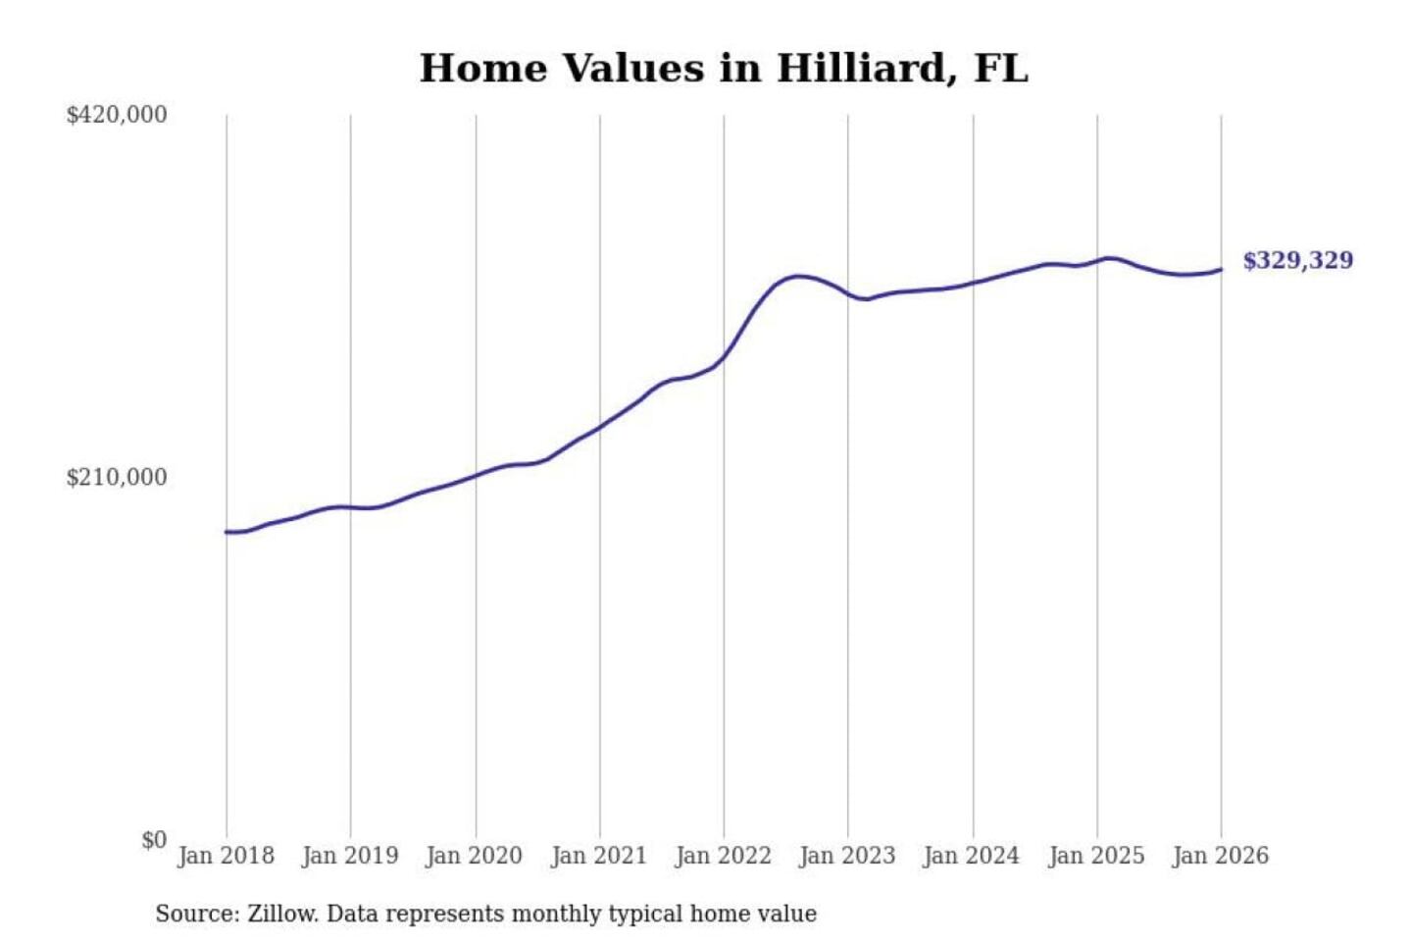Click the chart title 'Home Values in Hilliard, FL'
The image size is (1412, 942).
pyautogui.click(x=724, y=69)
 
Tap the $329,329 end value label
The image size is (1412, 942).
pyautogui.click(x=1297, y=261)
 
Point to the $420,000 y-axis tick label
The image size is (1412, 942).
pyautogui.click(x=117, y=115)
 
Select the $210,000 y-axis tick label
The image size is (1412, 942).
pyautogui.click(x=117, y=478)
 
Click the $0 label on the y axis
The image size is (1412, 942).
pyautogui.click(x=154, y=840)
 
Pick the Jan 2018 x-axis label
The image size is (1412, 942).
pyautogui.click(x=226, y=856)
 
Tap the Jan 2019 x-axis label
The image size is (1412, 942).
pyautogui.click(x=350, y=856)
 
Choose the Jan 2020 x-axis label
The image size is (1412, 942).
pyautogui.click(x=475, y=856)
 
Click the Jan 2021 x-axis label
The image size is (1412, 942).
pyautogui.click(x=599, y=856)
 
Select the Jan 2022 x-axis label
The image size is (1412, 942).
pyautogui.click(x=724, y=856)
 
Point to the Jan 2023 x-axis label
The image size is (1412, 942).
pyautogui.click(x=847, y=856)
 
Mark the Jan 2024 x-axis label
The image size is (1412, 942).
pyautogui.click(x=972, y=856)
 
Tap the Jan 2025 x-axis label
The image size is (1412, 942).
pyautogui.click(x=1096, y=856)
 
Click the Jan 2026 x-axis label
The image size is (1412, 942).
pyautogui.click(x=1221, y=856)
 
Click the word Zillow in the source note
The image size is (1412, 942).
pyautogui.click(x=281, y=914)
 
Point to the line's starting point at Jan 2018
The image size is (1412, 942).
pyautogui.click(x=227, y=532)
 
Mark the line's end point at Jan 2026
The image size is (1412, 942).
pyautogui.click(x=1221, y=269)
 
